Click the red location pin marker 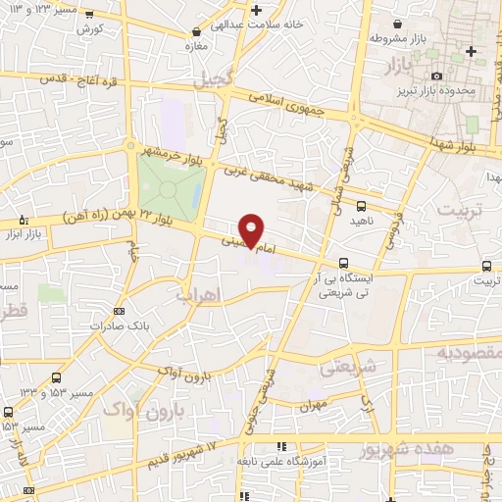click(252, 230)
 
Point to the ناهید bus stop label click(363, 222)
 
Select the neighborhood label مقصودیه click(469, 351)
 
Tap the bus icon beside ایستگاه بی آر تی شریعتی click(343, 262)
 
